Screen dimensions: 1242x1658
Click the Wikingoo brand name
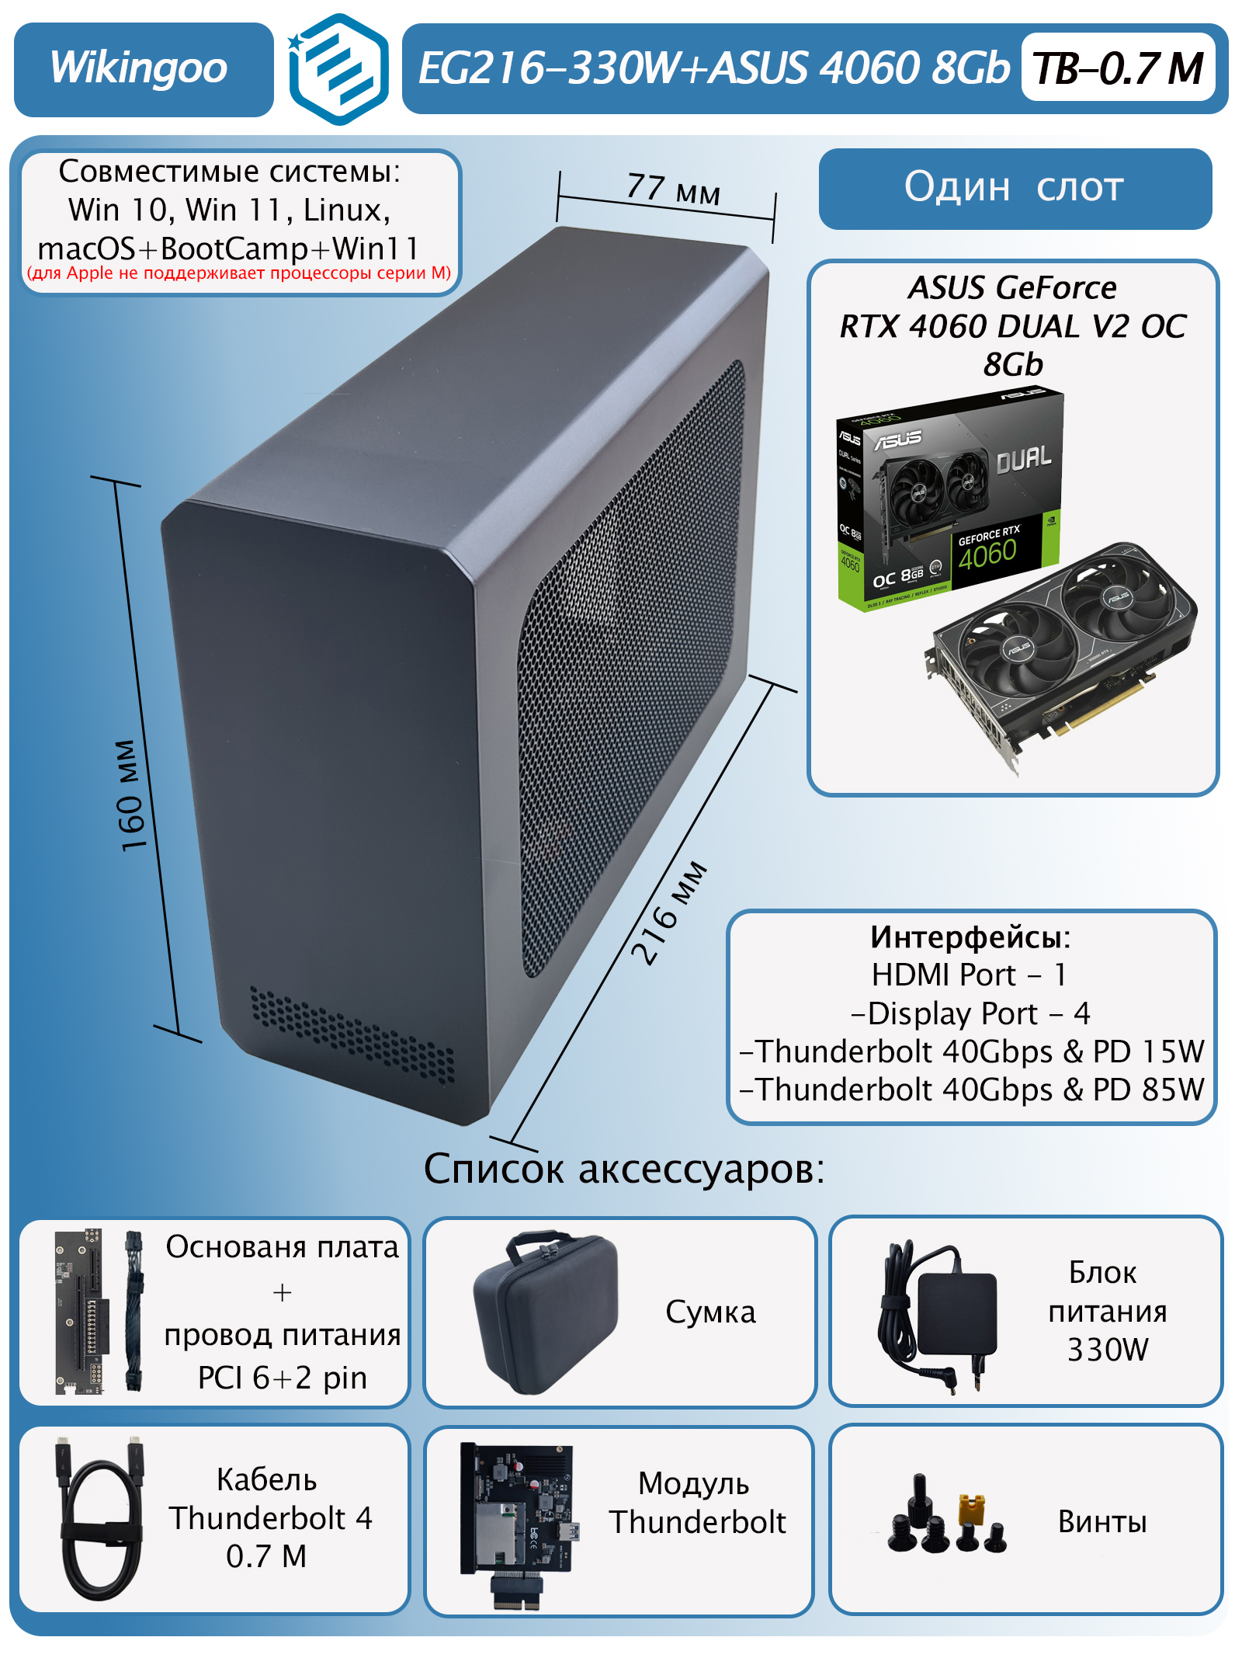coord(138,68)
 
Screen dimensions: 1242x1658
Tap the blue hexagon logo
coord(338,69)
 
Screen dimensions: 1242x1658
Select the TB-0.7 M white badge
coord(1118,68)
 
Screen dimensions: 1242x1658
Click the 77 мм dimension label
coord(673,189)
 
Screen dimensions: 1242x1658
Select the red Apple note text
coord(239,273)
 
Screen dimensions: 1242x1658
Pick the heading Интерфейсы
coord(970,937)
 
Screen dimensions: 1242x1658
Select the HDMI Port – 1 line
coord(970,975)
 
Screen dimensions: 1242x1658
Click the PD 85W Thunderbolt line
coord(972,1090)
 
